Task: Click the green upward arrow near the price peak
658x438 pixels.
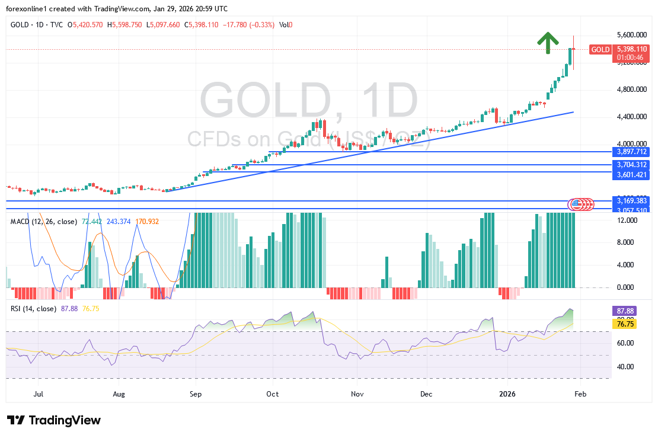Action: tap(548, 42)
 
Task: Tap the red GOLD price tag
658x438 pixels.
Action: tap(600, 50)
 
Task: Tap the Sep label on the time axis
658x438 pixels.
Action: tap(196, 394)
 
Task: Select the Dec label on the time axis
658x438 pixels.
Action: tap(426, 394)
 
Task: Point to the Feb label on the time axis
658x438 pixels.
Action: tap(581, 394)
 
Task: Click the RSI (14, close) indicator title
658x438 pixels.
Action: tap(33, 309)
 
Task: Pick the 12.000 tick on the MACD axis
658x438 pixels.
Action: tap(628, 220)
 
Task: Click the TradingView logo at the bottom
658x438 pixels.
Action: tap(55, 420)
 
